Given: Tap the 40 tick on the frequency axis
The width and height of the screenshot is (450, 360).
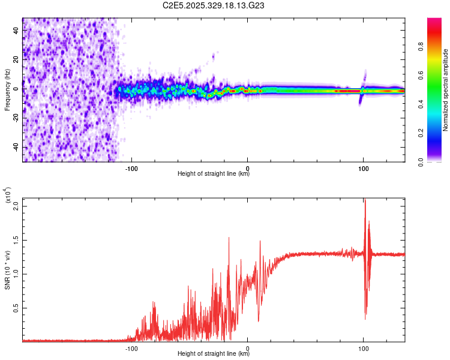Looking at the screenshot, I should pyautogui.click(x=17, y=31).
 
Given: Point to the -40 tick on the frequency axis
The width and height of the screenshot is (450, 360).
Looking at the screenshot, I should pyautogui.click(x=16, y=147).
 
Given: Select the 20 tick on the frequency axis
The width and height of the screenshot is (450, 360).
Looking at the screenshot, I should pyautogui.click(x=17, y=60).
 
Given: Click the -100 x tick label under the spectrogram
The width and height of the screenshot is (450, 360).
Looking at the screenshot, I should pyautogui.click(x=131, y=168).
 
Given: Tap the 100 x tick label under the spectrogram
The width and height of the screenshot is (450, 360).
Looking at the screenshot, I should pyautogui.click(x=363, y=168).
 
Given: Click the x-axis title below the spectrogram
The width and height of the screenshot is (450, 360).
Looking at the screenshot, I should pyautogui.click(x=214, y=175).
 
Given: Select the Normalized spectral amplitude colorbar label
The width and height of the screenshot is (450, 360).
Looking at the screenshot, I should pyautogui.click(x=446, y=90).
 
